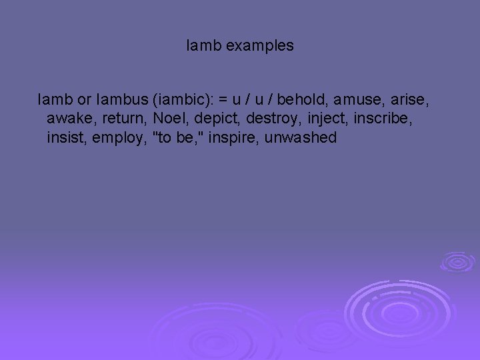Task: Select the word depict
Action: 213,119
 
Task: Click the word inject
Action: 326,119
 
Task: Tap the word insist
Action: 67,138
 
